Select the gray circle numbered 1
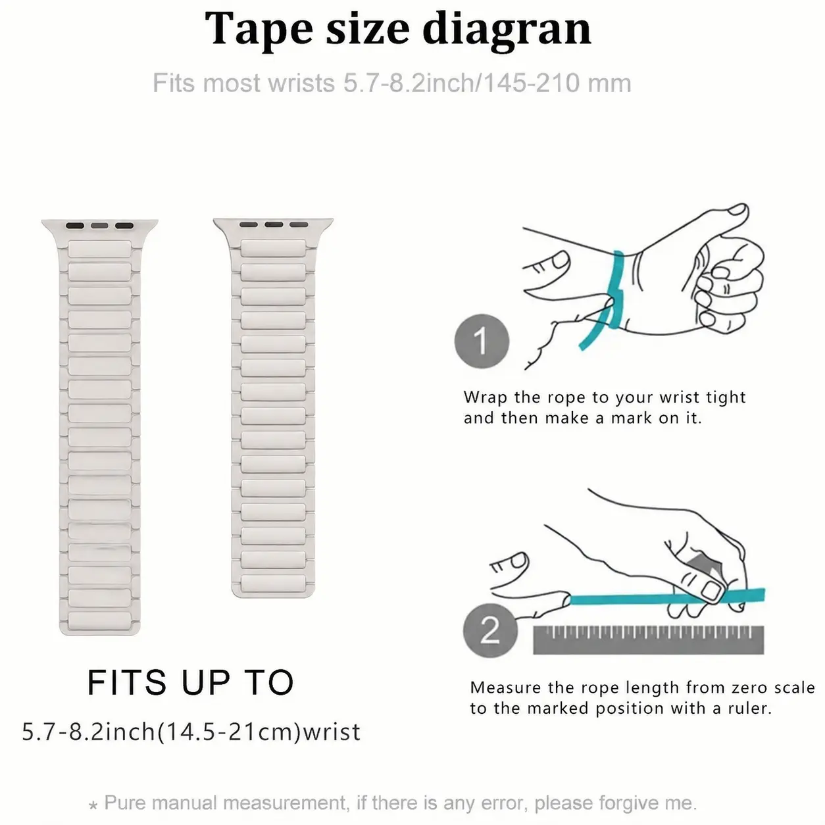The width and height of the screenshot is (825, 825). pyautogui.click(x=482, y=341)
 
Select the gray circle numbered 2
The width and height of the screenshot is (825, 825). pyautogui.click(x=490, y=630)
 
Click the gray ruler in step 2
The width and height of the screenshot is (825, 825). pyautogui.click(x=648, y=639)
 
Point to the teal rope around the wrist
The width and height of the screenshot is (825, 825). pyautogui.click(x=616, y=291)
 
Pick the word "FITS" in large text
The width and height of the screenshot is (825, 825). pyautogui.click(x=127, y=682)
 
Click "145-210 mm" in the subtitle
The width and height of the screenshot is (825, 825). pyautogui.click(x=557, y=83)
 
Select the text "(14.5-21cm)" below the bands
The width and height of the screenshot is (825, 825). pyautogui.click(x=230, y=732)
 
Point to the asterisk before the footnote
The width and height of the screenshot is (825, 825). pyautogui.click(x=93, y=805)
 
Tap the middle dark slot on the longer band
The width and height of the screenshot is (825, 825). pyautogui.click(x=100, y=226)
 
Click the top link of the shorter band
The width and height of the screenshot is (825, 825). pyautogui.click(x=273, y=248)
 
